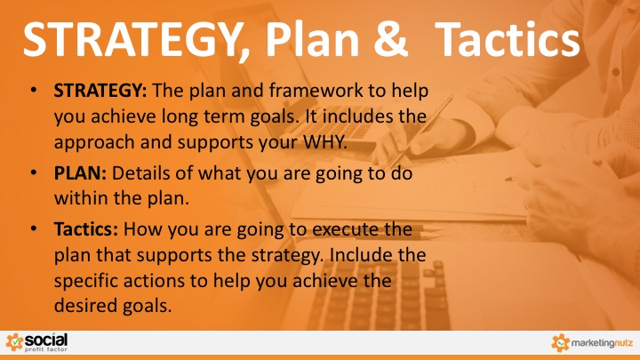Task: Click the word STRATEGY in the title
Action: click(x=132, y=39)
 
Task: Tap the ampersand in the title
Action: click(x=390, y=39)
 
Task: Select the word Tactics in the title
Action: click(x=507, y=39)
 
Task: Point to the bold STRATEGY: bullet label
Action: click(x=100, y=91)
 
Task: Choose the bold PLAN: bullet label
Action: click(x=80, y=173)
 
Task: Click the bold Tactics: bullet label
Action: click(x=85, y=229)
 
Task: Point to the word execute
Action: click(x=346, y=229)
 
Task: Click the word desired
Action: click(x=85, y=305)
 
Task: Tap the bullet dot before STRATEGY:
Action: click(x=34, y=90)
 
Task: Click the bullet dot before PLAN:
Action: click(x=34, y=172)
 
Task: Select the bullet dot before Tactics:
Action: click(x=34, y=228)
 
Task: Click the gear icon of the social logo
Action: click(x=15, y=342)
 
